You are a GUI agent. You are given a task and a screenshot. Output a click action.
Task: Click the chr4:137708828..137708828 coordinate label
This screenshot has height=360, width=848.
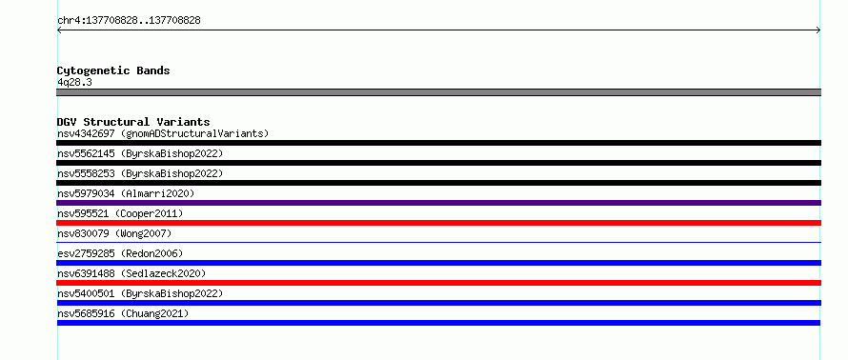tap(129, 21)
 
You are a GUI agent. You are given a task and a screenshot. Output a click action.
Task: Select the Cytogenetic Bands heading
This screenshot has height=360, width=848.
tap(113, 70)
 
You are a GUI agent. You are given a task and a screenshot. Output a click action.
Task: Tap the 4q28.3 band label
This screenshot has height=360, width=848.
tap(74, 82)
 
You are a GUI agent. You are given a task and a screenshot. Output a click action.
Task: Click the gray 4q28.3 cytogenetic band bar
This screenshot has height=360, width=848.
tap(438, 92)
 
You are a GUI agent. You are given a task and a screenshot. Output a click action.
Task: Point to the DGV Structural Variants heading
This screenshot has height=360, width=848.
tap(133, 122)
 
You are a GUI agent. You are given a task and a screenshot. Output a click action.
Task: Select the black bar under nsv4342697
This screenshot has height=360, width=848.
tap(438, 143)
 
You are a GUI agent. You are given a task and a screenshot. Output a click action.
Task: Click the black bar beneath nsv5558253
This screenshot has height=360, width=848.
tap(438, 183)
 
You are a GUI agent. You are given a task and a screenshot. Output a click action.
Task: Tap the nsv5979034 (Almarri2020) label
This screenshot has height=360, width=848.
tap(126, 193)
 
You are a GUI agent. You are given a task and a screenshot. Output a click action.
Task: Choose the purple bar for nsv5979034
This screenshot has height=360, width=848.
tap(438, 203)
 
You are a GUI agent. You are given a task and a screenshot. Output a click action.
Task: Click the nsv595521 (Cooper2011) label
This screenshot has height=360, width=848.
tap(120, 213)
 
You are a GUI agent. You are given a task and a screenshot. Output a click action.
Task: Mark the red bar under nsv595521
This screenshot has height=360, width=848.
tap(438, 223)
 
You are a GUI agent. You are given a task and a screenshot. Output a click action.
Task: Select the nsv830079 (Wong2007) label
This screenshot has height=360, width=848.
tap(114, 233)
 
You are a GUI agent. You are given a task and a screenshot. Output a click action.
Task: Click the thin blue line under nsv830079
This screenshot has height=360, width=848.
tap(438, 242)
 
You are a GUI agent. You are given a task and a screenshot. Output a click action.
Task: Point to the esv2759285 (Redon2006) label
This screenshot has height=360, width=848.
tap(120, 253)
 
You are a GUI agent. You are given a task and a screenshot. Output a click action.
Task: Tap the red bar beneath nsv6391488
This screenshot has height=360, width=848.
tap(438, 283)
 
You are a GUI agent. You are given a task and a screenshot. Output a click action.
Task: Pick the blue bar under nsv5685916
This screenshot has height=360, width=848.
tap(438, 323)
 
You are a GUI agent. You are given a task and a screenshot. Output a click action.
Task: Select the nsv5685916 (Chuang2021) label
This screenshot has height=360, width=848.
tap(123, 313)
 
